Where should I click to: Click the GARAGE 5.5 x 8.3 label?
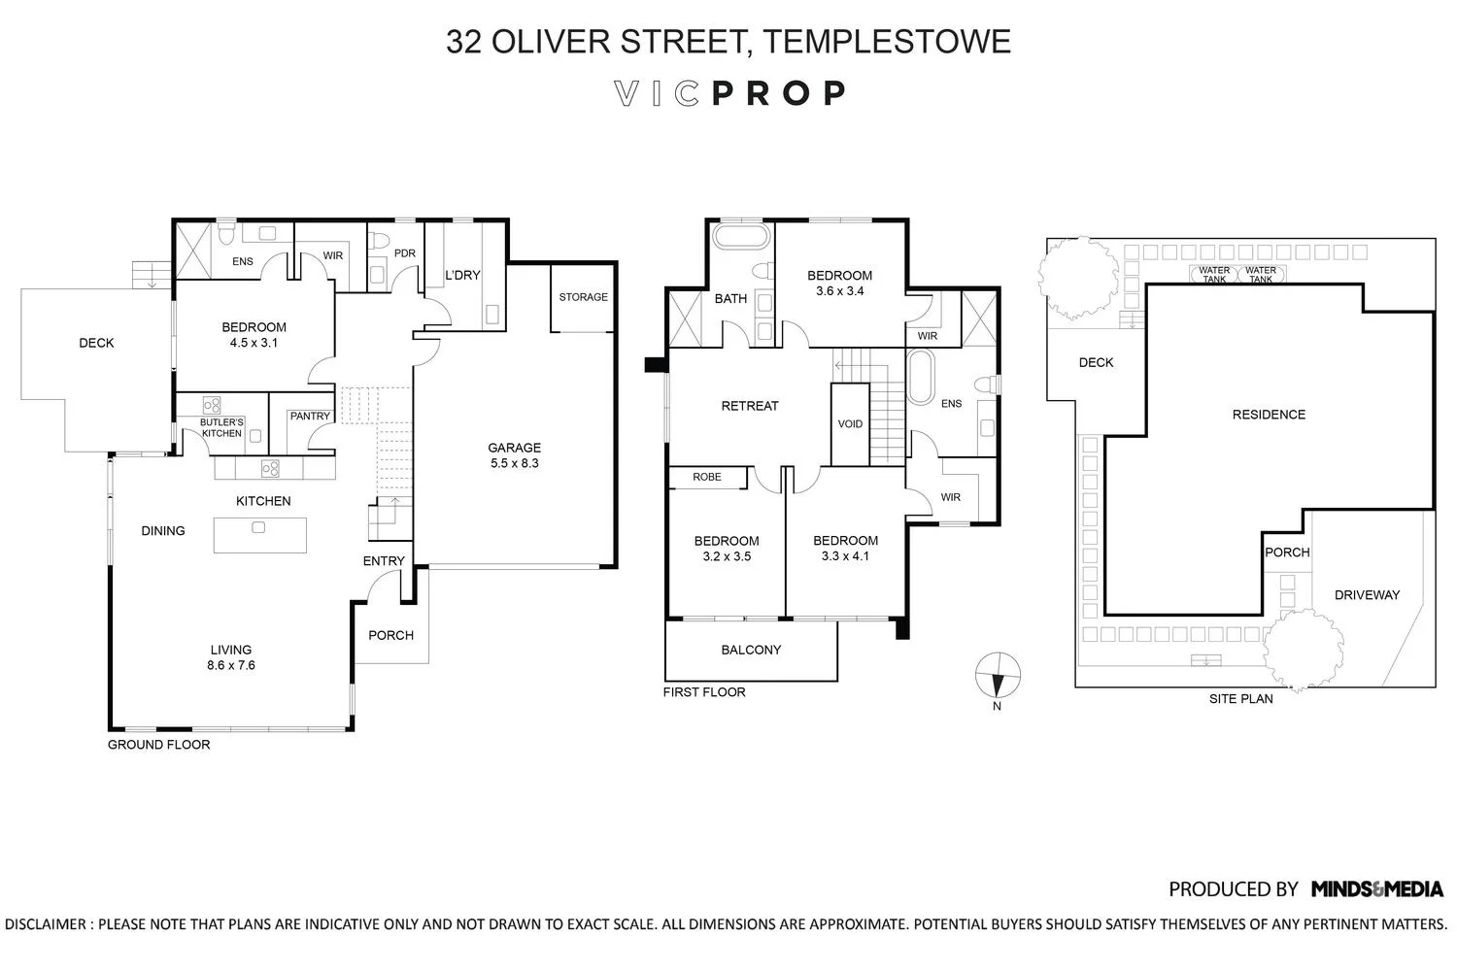point(514,455)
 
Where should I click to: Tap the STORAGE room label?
point(584,296)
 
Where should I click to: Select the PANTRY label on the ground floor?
point(310,416)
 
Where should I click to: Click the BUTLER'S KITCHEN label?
point(221,427)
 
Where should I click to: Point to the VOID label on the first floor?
point(850,424)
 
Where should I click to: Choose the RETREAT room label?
point(749,406)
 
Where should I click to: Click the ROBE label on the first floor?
point(707,477)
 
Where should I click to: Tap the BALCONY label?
point(751,650)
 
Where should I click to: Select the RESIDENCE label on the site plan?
point(1269,415)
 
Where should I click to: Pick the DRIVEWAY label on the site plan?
point(1367,594)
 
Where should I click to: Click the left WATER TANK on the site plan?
point(1214,274)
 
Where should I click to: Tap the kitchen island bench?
point(260,535)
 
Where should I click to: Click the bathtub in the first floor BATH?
point(741,236)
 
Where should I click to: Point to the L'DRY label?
point(462,275)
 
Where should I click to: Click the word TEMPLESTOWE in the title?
point(887,41)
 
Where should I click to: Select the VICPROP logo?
point(729,93)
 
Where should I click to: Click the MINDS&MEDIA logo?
point(1377,888)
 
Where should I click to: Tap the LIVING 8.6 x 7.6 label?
point(231,656)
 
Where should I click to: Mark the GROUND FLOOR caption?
point(158,744)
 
